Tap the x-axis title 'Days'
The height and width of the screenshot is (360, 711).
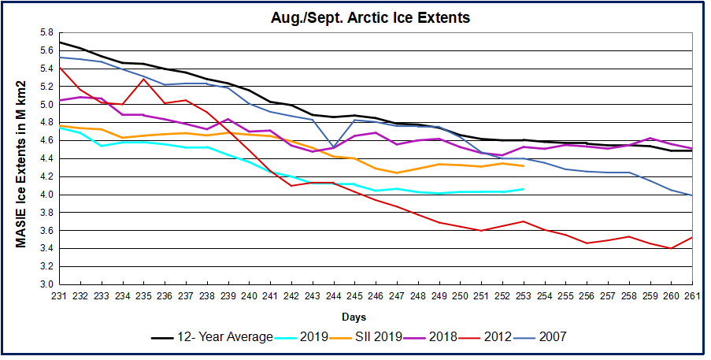point(353,317)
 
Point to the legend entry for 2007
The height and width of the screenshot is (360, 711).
point(551,337)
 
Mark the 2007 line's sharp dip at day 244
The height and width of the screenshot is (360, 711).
point(334,147)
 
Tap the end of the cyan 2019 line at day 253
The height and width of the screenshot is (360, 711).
point(524,189)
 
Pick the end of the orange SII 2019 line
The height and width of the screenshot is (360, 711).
point(524,166)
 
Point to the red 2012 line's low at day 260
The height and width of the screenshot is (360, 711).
point(670,248)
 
